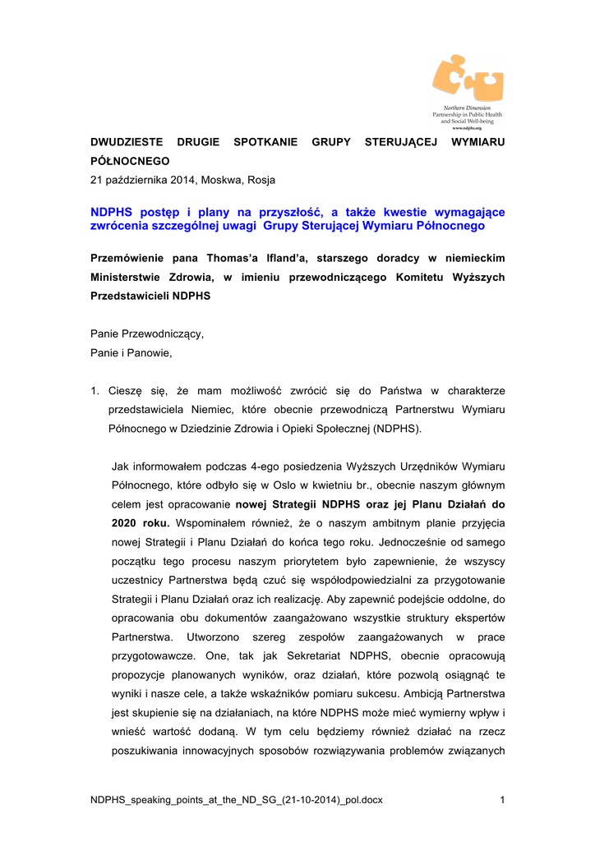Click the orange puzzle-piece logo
coord(467,79)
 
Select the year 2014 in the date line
coord(159,180)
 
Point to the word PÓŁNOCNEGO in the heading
coord(130,161)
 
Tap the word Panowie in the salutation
coord(149,353)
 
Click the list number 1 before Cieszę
coord(94,390)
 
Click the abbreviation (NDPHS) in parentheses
coord(398,428)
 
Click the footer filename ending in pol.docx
coord(237,800)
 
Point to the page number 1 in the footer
coord(502,800)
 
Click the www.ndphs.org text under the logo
coord(467,129)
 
